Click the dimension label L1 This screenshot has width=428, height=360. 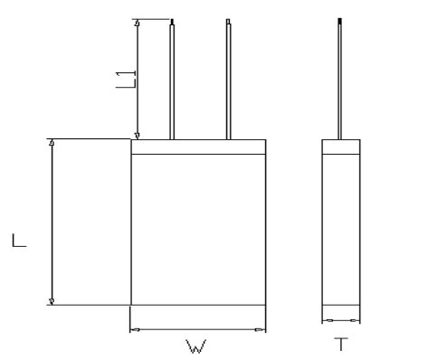point(126,80)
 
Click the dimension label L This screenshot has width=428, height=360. point(19,241)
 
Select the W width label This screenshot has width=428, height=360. point(196,346)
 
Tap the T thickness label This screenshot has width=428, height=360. point(341,345)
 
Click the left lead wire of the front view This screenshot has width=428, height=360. point(172,80)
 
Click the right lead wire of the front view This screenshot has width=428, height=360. point(228,80)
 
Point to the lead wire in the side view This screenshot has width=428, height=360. point(340,79)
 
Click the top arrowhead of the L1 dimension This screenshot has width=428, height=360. point(137,23)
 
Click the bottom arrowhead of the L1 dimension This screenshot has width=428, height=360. point(137,136)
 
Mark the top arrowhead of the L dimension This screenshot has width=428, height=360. point(52,142)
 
